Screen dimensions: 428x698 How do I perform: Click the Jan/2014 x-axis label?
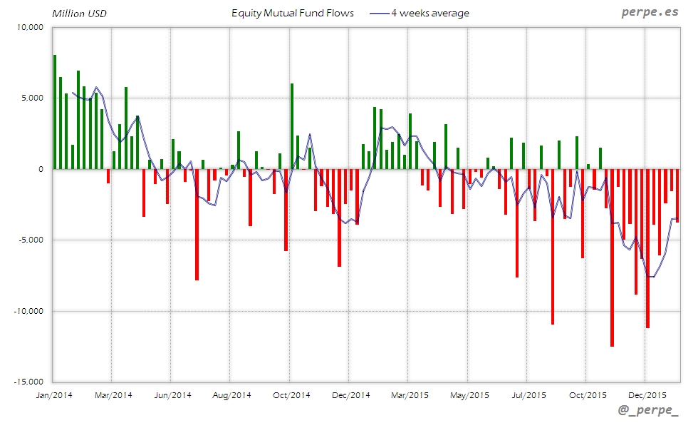[x=53, y=394]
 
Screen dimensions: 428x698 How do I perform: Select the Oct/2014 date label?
[x=291, y=394]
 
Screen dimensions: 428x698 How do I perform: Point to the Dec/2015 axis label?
[x=647, y=394]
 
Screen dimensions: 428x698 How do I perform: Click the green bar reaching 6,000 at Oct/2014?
[x=292, y=126]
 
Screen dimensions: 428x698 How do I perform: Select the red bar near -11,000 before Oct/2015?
[x=552, y=246]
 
